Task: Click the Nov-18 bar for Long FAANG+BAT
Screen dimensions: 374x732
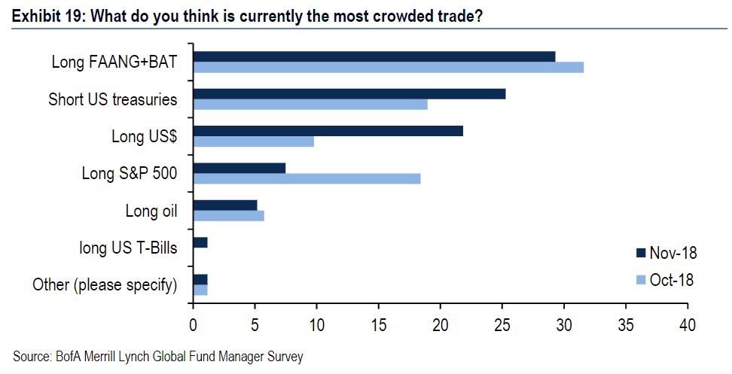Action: pyautogui.click(x=374, y=56)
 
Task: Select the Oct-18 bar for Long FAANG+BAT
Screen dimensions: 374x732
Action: pyautogui.click(x=388, y=67)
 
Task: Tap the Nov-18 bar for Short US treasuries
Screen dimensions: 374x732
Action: pyautogui.click(x=349, y=94)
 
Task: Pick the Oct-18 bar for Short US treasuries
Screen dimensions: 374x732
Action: pyautogui.click(x=310, y=105)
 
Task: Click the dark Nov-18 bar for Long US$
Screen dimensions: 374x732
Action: pyautogui.click(x=328, y=131)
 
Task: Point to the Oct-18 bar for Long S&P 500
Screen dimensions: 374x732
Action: pyautogui.click(x=307, y=178)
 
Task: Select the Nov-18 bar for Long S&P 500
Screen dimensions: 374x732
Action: pyautogui.click(x=239, y=168)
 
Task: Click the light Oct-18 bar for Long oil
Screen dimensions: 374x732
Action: pyautogui.click(x=229, y=216)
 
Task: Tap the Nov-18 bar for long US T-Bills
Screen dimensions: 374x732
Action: pyautogui.click(x=200, y=242)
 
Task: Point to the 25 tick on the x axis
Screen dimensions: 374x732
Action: pyautogui.click(x=502, y=324)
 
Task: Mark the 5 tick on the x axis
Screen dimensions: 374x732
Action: pyautogui.click(x=255, y=324)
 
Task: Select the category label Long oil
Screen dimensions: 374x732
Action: pyautogui.click(x=151, y=211)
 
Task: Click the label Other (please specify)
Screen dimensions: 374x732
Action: pyautogui.click(x=105, y=284)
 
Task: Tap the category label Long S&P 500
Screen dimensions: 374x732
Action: pyautogui.click(x=130, y=174)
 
